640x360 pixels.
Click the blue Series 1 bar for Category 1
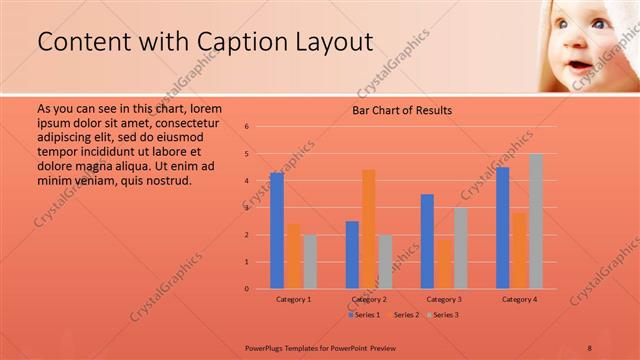coord(277,231)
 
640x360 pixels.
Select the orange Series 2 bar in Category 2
coord(368,229)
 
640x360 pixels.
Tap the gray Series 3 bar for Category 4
coord(535,221)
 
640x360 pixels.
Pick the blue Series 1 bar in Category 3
coord(427,241)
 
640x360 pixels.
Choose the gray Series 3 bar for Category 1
coord(310,261)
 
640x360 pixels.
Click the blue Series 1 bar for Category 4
coord(503,228)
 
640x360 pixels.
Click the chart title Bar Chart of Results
coord(402,110)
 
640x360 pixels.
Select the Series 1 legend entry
coord(364,315)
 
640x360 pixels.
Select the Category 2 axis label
coord(369,299)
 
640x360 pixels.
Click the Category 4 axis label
coord(519,299)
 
